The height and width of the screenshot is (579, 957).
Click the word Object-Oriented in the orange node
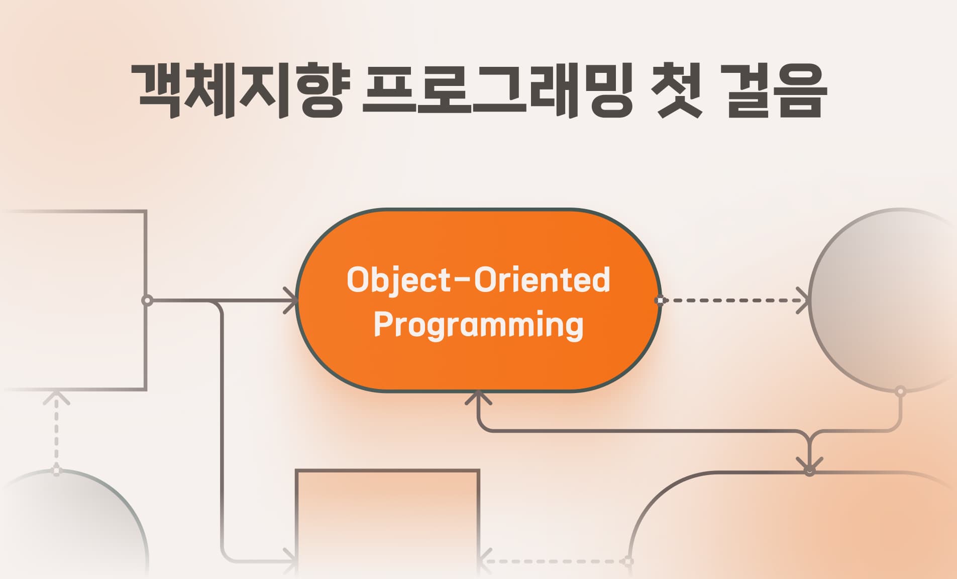tap(478, 280)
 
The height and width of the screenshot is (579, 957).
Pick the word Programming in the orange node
tap(478, 324)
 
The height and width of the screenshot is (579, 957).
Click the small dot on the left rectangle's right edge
tap(147, 301)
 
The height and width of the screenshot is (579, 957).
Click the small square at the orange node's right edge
tap(660, 301)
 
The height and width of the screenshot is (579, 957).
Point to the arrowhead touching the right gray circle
tap(804, 301)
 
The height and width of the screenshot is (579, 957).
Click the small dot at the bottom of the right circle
tap(900, 391)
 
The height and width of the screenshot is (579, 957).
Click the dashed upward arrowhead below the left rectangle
tap(56, 397)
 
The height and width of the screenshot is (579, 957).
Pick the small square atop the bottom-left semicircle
tap(56, 471)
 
